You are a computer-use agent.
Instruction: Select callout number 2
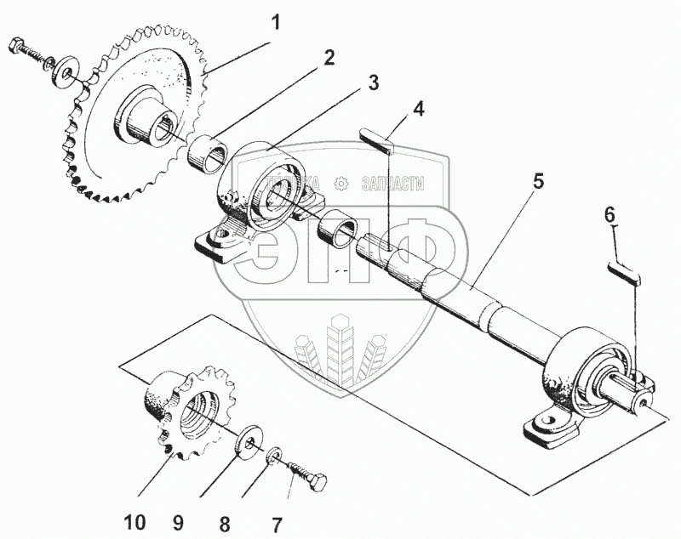click(x=329, y=58)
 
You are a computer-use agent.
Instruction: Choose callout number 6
click(x=609, y=216)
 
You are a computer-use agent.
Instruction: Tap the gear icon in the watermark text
click(x=340, y=183)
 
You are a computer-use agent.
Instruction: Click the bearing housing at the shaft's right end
click(x=579, y=374)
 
